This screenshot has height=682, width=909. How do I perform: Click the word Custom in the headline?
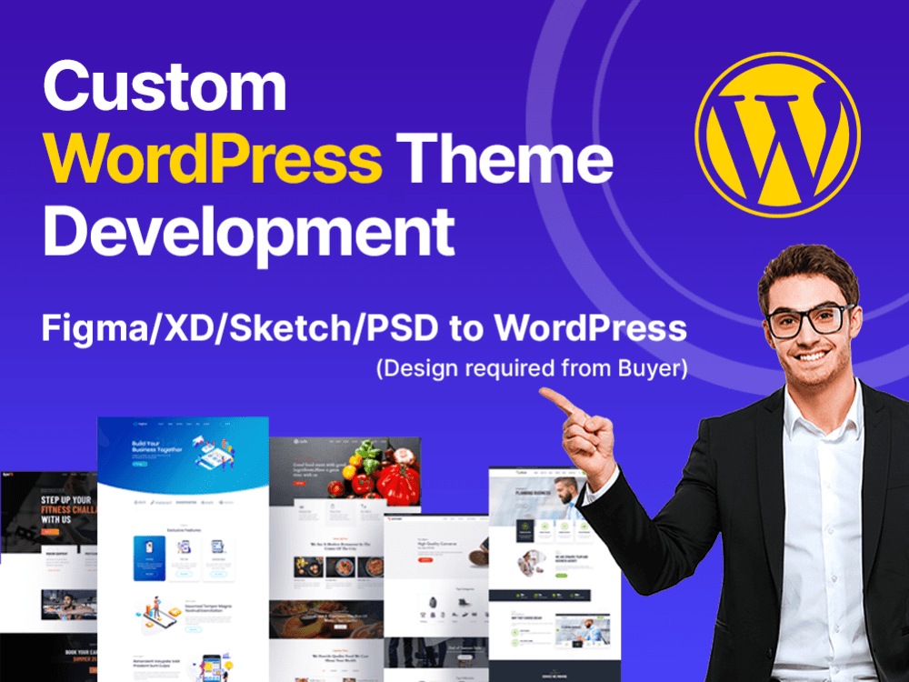(165, 88)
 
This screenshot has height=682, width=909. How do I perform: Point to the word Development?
(248, 232)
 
